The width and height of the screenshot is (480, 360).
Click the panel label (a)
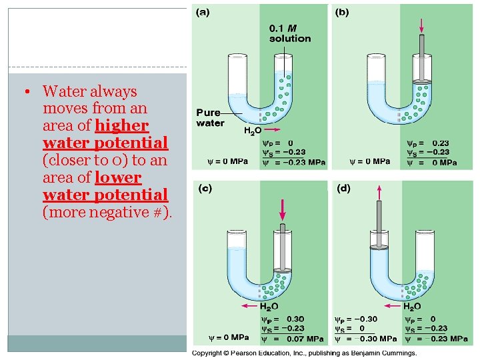point(201,11)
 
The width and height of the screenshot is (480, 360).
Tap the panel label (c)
point(205,189)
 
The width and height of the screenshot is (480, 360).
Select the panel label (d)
point(343,189)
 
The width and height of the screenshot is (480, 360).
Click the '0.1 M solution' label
point(289,33)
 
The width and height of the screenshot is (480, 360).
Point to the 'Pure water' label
point(210,117)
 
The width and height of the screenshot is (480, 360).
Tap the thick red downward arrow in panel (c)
point(283,208)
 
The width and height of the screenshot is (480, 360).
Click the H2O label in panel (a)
point(252,131)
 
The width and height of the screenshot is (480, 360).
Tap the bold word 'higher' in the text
point(122,126)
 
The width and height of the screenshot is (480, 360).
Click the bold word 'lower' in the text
point(119,178)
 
